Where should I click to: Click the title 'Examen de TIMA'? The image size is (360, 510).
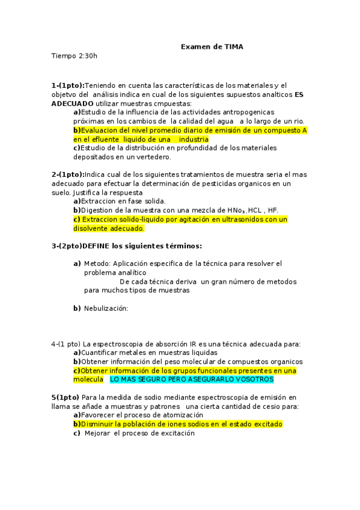tap(212, 47)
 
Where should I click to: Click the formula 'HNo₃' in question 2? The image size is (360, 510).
tap(233, 210)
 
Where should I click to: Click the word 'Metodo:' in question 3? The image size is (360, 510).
tap(96, 263)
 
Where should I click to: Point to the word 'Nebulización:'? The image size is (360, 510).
tap(106, 309)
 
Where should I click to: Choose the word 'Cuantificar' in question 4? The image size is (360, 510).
tap(100, 353)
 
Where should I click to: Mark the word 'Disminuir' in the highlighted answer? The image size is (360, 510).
tap(97, 424)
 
